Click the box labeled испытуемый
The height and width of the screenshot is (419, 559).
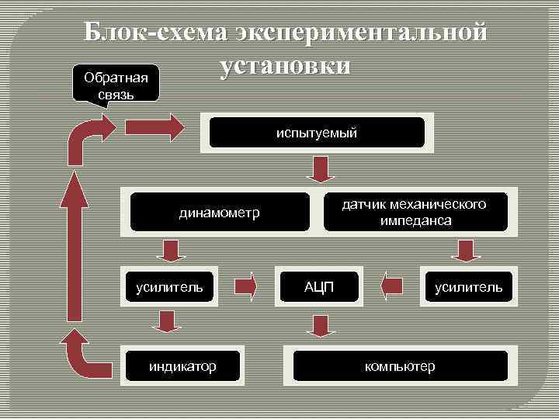[317, 133]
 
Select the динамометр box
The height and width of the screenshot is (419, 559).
[219, 212]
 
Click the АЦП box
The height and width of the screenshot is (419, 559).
[318, 287]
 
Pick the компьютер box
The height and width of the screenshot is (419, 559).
[400, 365]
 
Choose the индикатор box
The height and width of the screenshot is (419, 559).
[182, 365]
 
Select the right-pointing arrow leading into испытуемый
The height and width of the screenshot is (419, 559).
[154, 126]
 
